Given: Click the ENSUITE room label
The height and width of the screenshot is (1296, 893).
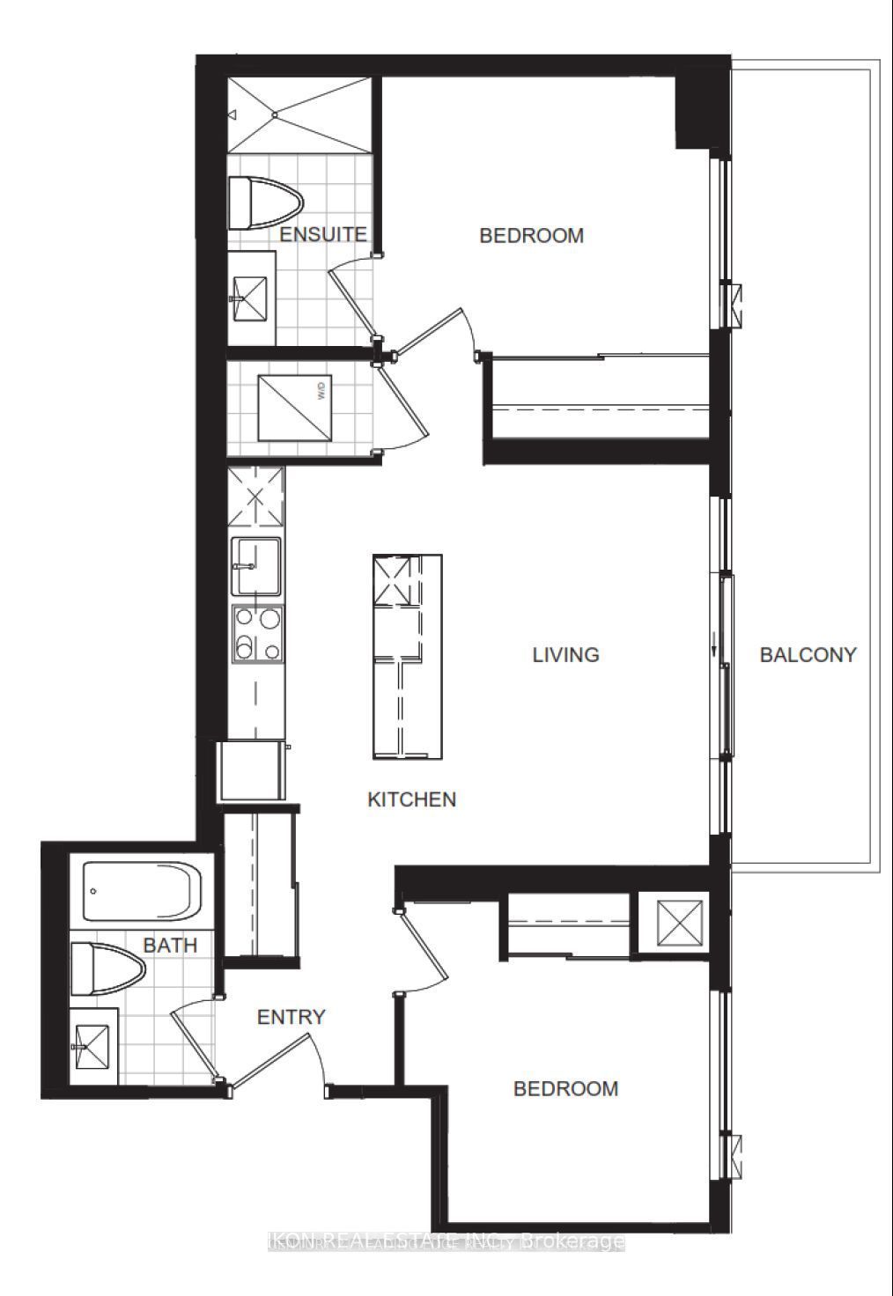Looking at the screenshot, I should (322, 235).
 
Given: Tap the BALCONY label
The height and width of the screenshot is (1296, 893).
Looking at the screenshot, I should (808, 655).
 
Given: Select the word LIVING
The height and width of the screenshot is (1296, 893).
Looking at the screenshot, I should (565, 655).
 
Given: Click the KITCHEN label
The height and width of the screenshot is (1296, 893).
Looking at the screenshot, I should (411, 799).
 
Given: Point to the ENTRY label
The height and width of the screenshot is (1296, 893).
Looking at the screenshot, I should (291, 1017).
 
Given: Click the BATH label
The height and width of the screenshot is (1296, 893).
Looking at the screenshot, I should (170, 946).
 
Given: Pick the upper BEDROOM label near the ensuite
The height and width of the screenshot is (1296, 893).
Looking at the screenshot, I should (531, 236).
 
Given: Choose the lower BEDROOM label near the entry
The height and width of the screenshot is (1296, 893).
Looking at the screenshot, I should (565, 1089).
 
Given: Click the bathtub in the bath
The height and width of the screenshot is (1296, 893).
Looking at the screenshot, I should (141, 889).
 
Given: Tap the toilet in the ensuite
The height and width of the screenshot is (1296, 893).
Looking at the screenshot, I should (263, 203).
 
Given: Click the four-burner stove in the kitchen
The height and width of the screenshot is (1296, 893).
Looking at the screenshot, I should (257, 633).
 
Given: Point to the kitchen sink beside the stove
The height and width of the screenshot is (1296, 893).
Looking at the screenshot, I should (256, 567).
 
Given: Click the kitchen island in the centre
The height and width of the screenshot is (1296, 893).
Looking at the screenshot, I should (406, 656).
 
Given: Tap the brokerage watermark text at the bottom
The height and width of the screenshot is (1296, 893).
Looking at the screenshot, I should (446, 1242).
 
